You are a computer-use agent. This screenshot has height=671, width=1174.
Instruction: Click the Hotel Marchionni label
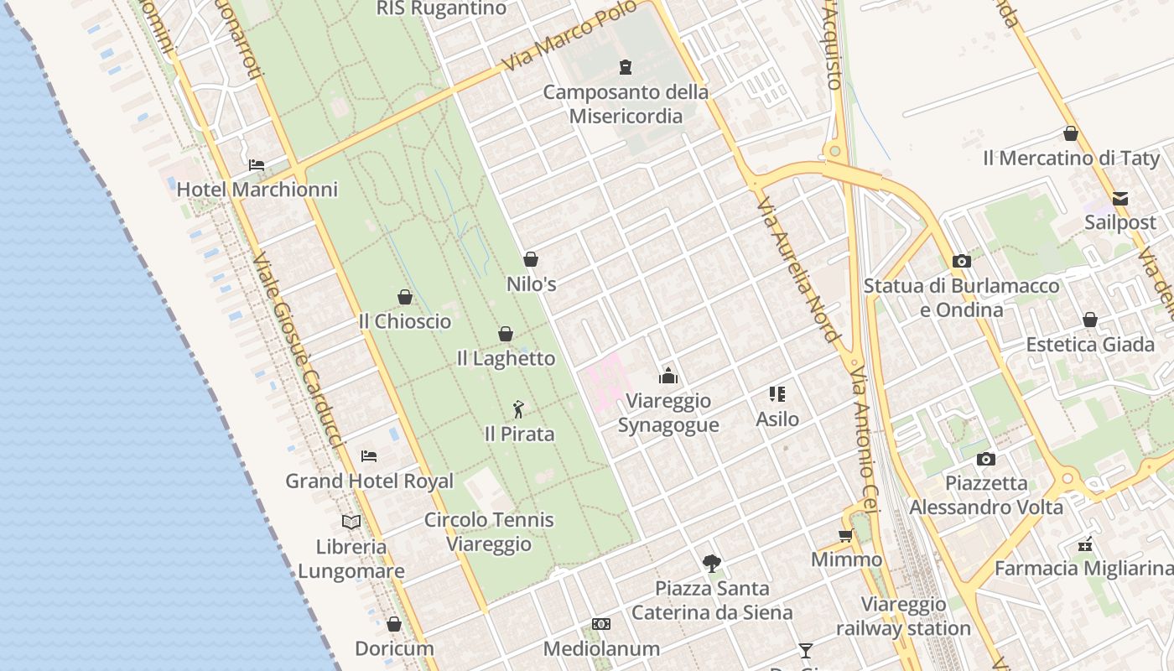[257, 190]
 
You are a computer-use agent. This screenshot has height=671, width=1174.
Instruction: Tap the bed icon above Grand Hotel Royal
[369, 456]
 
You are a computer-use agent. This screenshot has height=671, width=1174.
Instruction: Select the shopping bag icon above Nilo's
[531, 259]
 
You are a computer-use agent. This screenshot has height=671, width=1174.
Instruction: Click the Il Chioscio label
[404, 321]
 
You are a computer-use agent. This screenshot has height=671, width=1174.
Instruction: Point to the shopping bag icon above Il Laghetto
[506, 334]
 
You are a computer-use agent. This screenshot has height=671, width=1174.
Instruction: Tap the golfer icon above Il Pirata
[519, 409]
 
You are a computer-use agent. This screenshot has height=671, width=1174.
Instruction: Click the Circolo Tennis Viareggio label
[489, 532]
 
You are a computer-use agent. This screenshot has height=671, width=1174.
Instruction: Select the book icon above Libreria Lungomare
[351, 522]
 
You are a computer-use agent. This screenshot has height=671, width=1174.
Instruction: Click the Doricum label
[394, 648]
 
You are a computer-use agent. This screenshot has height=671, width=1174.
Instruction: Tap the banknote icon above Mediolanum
[601, 624]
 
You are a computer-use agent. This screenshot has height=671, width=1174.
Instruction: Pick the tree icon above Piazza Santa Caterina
[712, 563]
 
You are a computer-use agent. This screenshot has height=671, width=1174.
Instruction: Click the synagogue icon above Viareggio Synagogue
[668, 376]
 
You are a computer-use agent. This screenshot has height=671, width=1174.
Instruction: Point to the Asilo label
[777, 419]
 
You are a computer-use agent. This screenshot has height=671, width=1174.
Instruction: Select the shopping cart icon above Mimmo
[846, 535]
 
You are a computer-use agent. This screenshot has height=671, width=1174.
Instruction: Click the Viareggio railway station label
[903, 616]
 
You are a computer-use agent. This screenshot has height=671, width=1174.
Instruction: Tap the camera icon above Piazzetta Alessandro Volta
[986, 459]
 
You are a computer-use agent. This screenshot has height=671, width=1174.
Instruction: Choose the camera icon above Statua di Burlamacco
[962, 261]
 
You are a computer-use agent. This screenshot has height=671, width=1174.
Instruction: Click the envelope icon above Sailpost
[1120, 199]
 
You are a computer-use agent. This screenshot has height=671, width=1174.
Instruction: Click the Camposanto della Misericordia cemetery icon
[626, 67]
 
